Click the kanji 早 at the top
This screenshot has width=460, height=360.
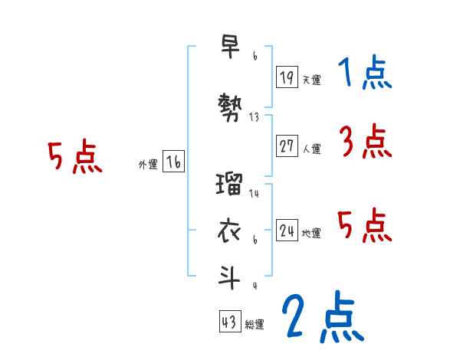(230, 46)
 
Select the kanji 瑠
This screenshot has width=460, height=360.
(230, 185)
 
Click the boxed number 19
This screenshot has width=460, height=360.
(287, 77)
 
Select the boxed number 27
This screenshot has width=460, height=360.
(287, 146)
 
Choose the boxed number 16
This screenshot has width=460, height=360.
(173, 162)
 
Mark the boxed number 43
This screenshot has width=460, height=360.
(230, 322)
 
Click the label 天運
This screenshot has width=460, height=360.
(311, 80)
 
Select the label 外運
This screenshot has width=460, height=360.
(148, 165)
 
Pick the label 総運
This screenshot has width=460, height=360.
(255, 325)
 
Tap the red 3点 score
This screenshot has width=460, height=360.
(365, 142)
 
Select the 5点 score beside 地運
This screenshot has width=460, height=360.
(365, 224)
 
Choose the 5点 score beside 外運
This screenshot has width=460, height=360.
(74, 158)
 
